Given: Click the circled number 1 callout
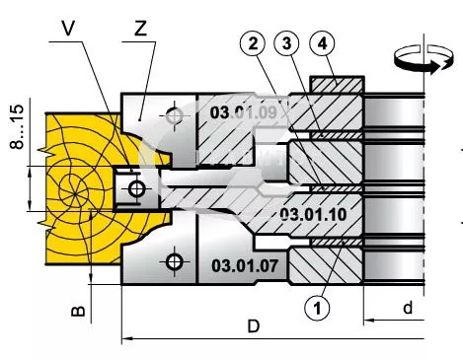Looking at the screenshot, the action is pos(317,309).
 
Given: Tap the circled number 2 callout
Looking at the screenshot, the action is pos(253,43).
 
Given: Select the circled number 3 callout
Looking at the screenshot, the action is pos(286,43).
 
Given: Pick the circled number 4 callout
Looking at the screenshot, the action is pos(323,43).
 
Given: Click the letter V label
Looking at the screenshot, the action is pos(68,29).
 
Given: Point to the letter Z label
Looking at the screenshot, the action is pos(140,29).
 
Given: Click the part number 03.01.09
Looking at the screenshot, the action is pos(244,112).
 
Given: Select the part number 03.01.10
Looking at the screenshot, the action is pos(313,215).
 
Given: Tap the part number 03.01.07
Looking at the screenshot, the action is pos(245,265).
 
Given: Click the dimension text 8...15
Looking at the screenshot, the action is pos(17,126).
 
